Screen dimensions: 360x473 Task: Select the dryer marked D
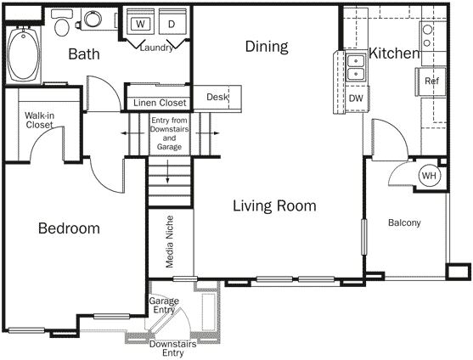[x=171, y=23]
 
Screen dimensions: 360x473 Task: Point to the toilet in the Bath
[x=61, y=25]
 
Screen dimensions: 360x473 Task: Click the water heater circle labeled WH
[x=429, y=176]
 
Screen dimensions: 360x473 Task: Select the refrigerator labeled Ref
[x=431, y=82]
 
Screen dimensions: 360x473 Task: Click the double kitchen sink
[x=356, y=66]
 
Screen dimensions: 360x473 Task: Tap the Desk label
[x=217, y=97]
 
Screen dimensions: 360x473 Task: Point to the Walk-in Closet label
[x=39, y=120]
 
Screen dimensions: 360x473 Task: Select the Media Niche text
[x=171, y=244]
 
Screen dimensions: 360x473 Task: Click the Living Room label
[x=274, y=205]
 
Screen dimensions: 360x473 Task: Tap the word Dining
[x=267, y=47]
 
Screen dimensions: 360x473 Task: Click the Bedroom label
[x=69, y=228]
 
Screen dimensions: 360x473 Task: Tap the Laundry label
[x=157, y=48]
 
